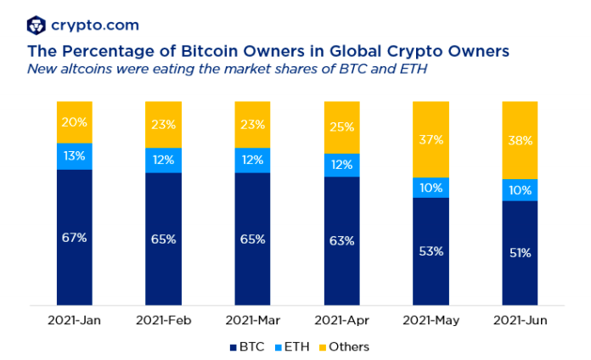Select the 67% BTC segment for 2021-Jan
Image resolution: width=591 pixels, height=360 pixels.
pyautogui.click(x=75, y=237)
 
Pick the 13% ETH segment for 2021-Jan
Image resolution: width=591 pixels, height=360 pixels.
pyautogui.click(x=75, y=156)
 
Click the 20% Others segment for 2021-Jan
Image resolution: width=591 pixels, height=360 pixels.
pyautogui.click(x=75, y=122)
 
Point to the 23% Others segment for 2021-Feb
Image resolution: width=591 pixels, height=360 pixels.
pyautogui.click(x=164, y=124)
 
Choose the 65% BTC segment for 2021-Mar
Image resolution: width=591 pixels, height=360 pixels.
pyautogui.click(x=253, y=239)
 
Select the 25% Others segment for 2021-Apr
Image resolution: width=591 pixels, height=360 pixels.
pyautogui.click(x=342, y=127)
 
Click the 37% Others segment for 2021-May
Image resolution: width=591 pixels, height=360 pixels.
pyautogui.click(x=431, y=139)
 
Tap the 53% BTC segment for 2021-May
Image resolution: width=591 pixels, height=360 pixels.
pyautogui.click(x=431, y=251)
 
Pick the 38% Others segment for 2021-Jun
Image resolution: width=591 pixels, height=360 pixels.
pyautogui.click(x=521, y=140)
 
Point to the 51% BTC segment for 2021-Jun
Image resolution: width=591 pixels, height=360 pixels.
pyautogui.click(x=521, y=252)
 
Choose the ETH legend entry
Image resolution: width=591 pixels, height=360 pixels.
pyautogui.click(x=293, y=346)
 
